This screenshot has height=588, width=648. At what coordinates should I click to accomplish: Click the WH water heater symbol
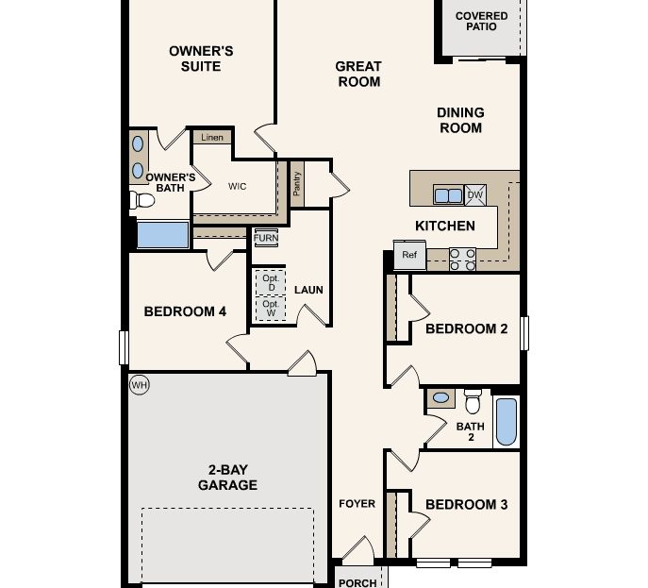coord(140,384)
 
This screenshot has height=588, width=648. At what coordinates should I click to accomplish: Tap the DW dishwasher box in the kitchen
coord(475,195)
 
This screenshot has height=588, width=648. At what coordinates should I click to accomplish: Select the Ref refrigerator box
coord(409,256)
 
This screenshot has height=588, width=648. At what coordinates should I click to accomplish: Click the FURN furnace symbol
coord(266,238)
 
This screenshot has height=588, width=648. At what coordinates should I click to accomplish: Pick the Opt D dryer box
coord(271,282)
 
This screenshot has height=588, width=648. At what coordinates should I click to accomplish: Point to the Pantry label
coord(297,181)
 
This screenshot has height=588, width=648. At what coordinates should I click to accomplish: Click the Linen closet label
coord(211,138)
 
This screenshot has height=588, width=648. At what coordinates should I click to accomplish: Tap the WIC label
coord(238,186)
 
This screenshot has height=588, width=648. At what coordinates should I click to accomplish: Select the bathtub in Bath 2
coord(506,421)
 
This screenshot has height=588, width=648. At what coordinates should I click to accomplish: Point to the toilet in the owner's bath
coord(142,200)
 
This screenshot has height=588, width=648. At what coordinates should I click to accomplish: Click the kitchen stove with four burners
coord(461,259)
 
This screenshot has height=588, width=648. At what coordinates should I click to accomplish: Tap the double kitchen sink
coord(447,195)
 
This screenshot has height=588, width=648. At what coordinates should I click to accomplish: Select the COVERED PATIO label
coord(481,22)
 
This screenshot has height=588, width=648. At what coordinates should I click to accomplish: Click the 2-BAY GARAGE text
coord(227,478)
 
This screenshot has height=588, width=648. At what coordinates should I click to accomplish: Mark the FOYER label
coord(357,504)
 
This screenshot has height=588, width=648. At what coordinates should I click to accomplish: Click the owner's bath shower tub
coord(162,234)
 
